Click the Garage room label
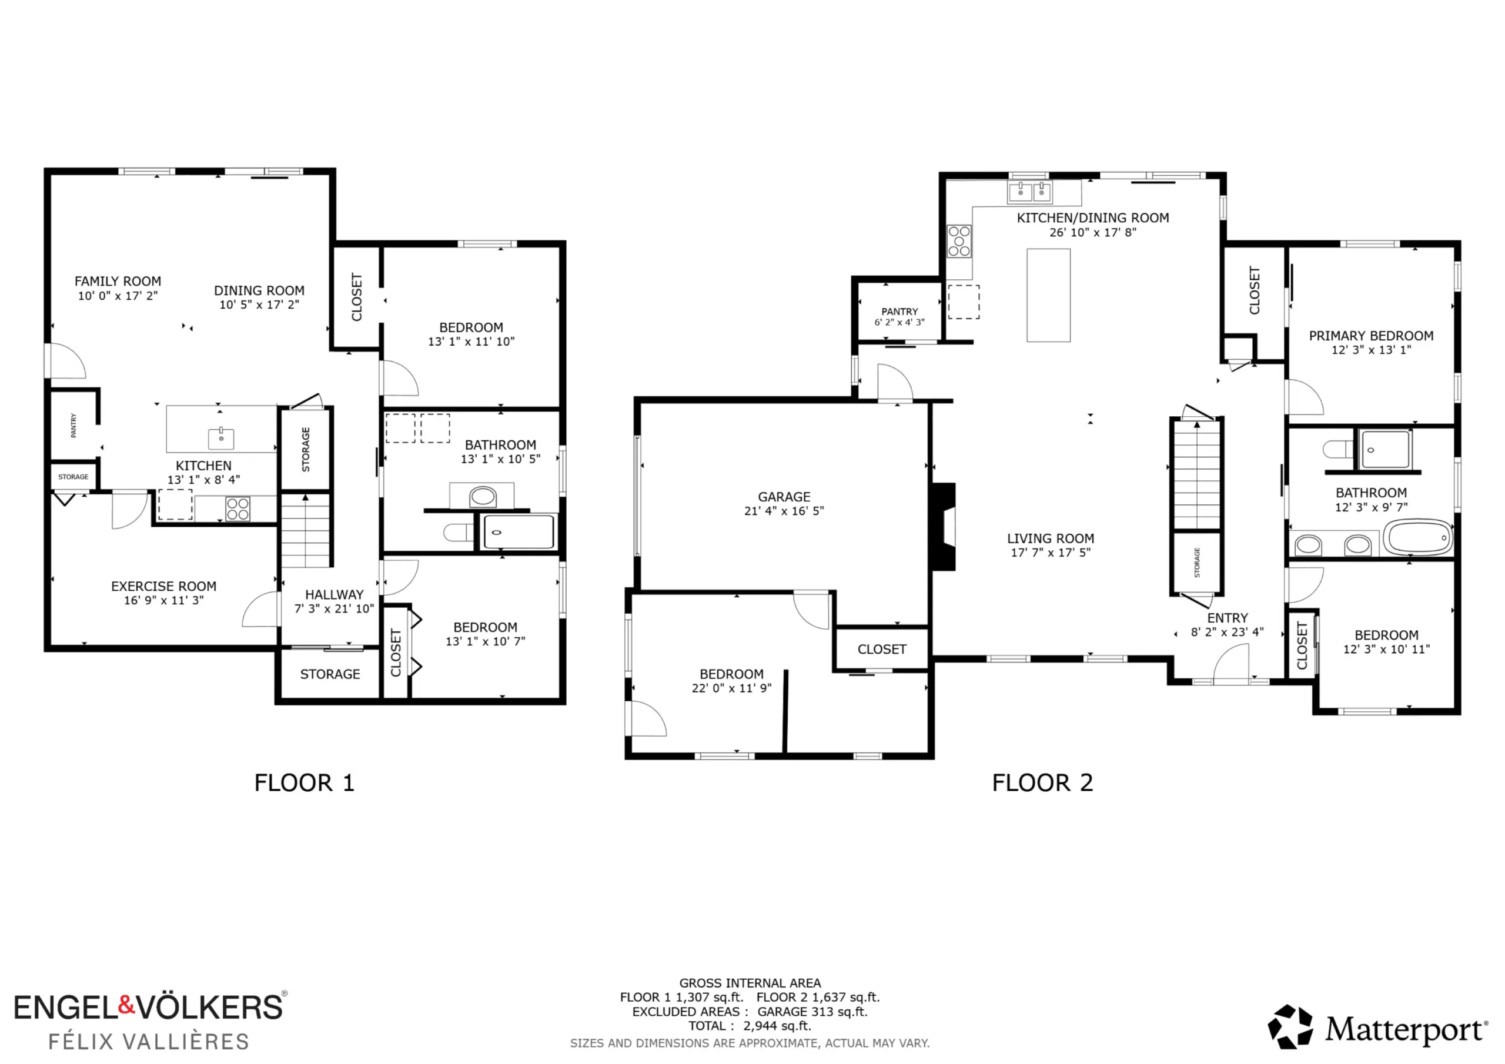click(784, 497)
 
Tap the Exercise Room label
click(164, 586)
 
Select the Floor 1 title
click(304, 783)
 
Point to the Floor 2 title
click(1042, 783)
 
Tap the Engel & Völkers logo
click(150, 1020)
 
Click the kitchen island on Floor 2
click(1048, 295)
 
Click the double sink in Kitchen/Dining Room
click(1030, 192)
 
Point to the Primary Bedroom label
click(1372, 336)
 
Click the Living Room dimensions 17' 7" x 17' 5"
click(1051, 553)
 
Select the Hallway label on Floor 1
click(335, 595)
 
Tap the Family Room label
click(118, 281)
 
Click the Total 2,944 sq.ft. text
click(750, 1026)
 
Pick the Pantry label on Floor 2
click(899, 312)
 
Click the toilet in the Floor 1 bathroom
click(457, 533)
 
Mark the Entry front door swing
click(1231, 662)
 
